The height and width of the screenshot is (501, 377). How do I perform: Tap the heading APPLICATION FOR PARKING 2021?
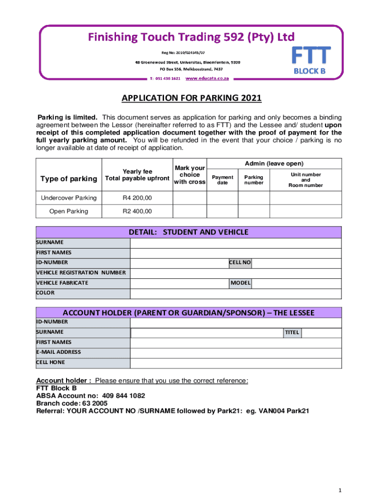pos(191,99)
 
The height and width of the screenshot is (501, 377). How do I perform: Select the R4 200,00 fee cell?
pos(137,198)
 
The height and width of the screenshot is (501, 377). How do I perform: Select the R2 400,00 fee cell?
pos(137,211)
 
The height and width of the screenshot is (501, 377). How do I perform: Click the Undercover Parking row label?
pos(69,198)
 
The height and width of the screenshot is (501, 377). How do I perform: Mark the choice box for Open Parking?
pos(189,211)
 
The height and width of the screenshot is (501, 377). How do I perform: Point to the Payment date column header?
pos(222,180)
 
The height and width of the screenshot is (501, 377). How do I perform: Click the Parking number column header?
pos(254,180)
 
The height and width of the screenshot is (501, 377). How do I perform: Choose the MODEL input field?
pos(296,283)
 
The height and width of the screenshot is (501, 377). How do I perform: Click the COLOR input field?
pos(236,293)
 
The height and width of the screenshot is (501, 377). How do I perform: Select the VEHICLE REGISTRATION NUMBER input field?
pos(236,273)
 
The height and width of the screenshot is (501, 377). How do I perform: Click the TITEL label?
pos(292,333)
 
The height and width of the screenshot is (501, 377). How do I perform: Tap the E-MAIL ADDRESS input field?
pos(236,353)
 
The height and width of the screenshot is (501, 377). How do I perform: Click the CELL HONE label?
pos(50,363)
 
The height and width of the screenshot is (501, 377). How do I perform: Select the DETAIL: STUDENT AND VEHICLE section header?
pos(188,232)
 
